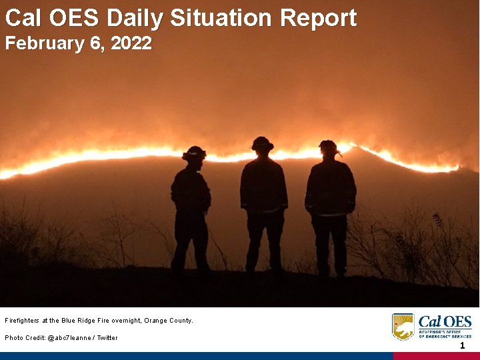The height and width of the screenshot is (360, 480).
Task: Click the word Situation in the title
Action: pyautogui.click(x=223, y=18)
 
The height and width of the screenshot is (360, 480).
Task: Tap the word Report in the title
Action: pyautogui.click(x=318, y=18)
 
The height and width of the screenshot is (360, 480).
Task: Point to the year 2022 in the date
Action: pyautogui.click(x=131, y=44)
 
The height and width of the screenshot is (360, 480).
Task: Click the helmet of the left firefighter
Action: pyautogui.click(x=194, y=153)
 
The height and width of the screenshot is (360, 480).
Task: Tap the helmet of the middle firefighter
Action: pyautogui.click(x=262, y=143)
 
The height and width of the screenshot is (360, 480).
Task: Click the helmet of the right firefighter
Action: pyautogui.click(x=328, y=146)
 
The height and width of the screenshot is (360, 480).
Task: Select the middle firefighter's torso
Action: pyautogui.click(x=263, y=187)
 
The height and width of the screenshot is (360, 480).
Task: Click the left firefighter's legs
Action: pyautogui.click(x=190, y=243)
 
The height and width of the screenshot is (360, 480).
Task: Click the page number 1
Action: pyautogui.click(x=461, y=345)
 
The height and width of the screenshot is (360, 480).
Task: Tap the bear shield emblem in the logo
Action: pyautogui.click(x=403, y=327)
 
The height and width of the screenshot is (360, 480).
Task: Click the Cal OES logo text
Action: pyautogui.click(x=445, y=321)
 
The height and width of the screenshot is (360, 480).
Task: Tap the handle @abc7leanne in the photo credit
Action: pyautogui.click(x=70, y=338)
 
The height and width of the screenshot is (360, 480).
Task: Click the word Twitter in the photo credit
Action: pyautogui.click(x=107, y=338)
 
